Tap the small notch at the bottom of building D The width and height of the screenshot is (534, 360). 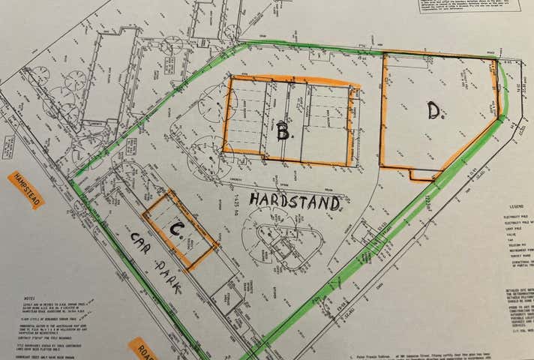coord(424,175)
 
